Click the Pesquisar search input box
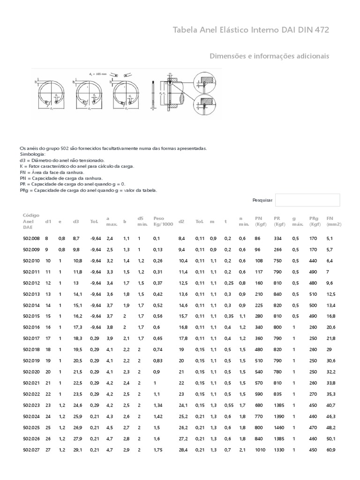tap(307, 200)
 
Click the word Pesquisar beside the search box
tap(262, 200)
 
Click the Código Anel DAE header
tap(31, 221)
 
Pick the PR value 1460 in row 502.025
tap(279, 428)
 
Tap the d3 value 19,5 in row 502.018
tap(77, 350)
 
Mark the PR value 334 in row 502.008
tap(277, 239)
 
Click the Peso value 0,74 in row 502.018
tap(157, 350)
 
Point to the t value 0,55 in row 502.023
tap(229, 405)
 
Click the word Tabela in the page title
tap(187, 30)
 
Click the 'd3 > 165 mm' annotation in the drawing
tap(97, 74)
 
